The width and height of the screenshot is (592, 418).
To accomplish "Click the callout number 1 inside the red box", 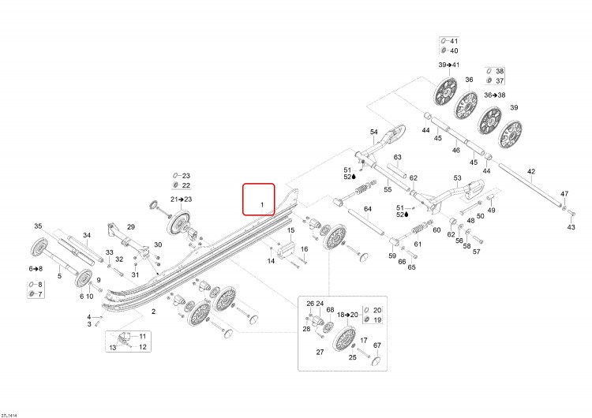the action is (262, 205).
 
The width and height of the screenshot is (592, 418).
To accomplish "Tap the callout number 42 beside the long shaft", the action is (531, 172).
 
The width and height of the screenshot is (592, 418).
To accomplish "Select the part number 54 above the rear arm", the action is (374, 132).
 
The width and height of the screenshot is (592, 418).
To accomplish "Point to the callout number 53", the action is (458, 177).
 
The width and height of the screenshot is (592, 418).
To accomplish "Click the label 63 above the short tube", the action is (398, 157).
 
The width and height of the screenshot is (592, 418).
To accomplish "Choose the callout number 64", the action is (368, 209).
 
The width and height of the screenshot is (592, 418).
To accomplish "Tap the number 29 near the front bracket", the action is (131, 227).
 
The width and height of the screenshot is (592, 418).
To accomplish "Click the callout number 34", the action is (87, 235).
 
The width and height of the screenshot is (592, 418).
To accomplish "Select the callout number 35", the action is (38, 226).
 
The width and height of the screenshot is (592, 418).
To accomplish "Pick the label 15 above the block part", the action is (290, 230).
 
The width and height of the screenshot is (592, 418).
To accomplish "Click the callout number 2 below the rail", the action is (154, 312).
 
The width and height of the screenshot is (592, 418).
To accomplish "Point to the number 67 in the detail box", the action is (377, 345).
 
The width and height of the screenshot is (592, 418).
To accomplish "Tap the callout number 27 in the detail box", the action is (320, 353).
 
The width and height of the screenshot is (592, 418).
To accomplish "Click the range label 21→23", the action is (181, 200).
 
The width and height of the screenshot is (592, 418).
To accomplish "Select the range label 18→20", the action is (347, 315).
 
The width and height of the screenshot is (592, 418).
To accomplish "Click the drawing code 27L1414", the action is (9, 416).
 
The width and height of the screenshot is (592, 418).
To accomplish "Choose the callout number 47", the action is (564, 194).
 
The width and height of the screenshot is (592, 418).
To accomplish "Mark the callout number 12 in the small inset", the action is (143, 347).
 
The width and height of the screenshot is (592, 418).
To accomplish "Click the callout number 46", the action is (456, 150).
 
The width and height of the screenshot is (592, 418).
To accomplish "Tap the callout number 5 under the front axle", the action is (59, 276).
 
